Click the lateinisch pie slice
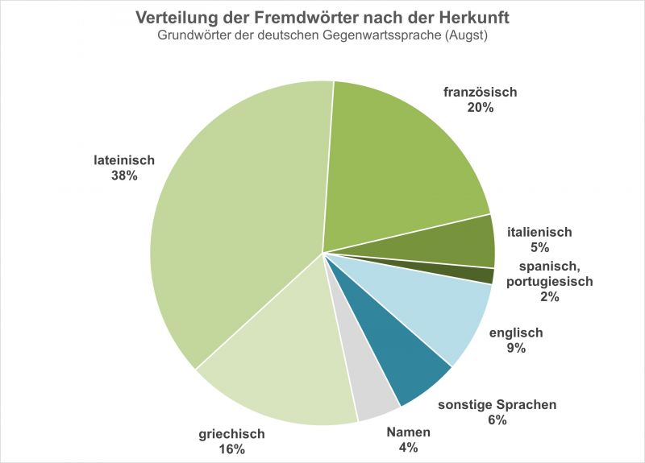point(234,217)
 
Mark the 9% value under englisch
point(516,348)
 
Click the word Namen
point(408,432)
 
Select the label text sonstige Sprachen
point(497,404)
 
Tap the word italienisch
point(539,232)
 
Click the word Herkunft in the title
point(473,17)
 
